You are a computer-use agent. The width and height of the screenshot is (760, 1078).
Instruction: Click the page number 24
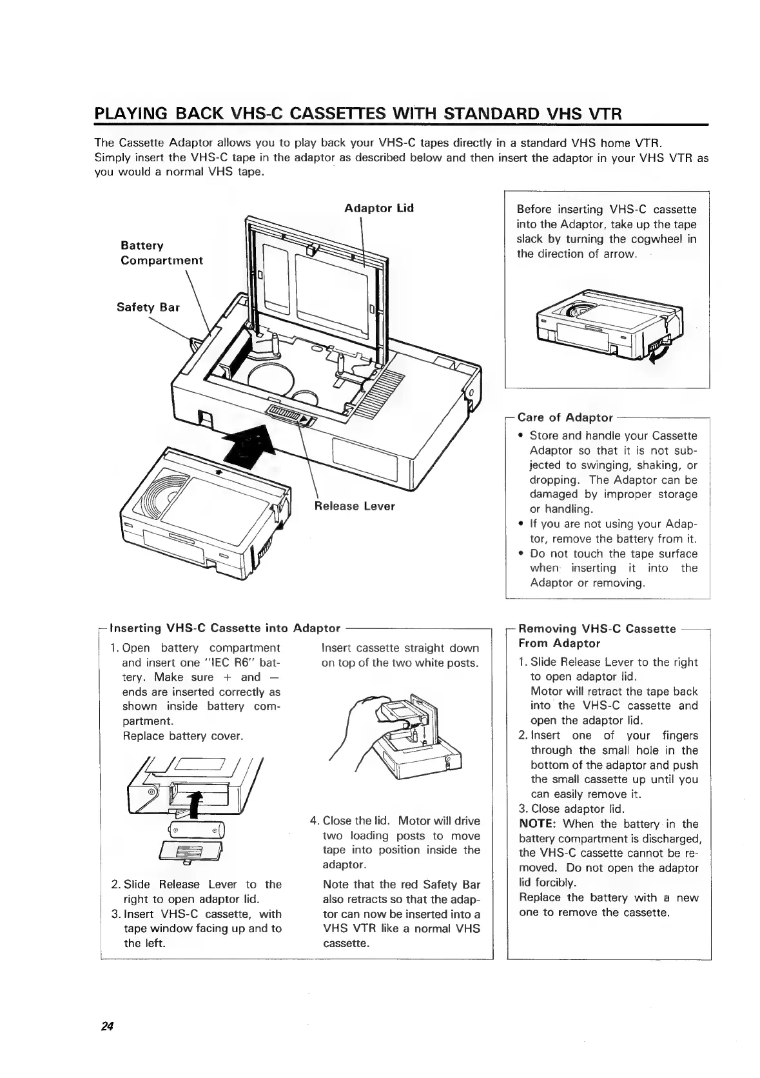coord(107,1026)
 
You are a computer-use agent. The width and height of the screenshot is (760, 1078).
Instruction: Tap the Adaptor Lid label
coord(378,208)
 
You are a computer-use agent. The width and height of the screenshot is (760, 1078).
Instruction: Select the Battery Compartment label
coord(161,253)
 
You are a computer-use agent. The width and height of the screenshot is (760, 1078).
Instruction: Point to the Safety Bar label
coord(148,307)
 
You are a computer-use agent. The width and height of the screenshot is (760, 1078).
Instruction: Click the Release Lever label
coord(354,506)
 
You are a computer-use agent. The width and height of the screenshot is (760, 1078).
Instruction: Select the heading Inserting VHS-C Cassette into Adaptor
coord(225,628)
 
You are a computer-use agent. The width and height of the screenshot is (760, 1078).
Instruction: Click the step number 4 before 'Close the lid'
coord(314,821)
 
